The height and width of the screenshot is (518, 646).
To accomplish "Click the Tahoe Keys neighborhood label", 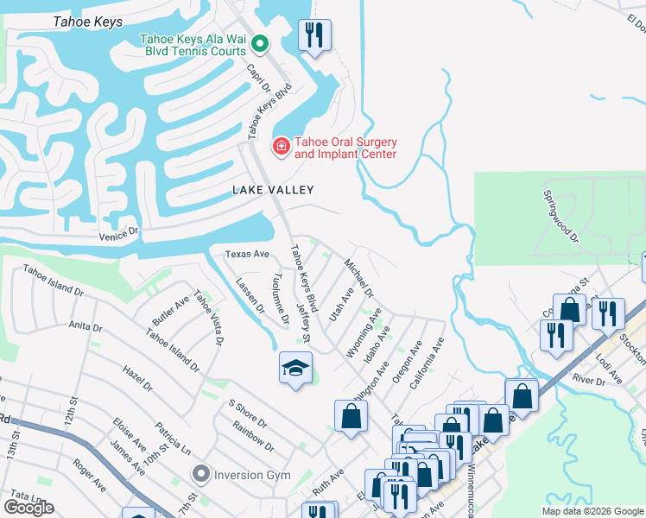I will click(x=87, y=22).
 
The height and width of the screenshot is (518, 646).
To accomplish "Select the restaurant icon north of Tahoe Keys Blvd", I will click(x=314, y=36).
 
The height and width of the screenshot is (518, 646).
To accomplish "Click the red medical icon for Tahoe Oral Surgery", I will click(x=280, y=148).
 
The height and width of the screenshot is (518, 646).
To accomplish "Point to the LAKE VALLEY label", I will click(x=272, y=189).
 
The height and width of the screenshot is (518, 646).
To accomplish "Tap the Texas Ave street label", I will click(x=247, y=255).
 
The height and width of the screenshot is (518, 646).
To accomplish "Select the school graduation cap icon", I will click(x=295, y=369).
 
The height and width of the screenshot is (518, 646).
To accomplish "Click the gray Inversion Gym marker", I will click(x=201, y=473).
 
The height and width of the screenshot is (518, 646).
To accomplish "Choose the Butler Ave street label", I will click(x=170, y=312).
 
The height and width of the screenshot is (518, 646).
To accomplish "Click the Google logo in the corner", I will click(x=28, y=508).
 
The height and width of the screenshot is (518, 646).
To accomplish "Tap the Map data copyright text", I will click(x=592, y=511).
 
